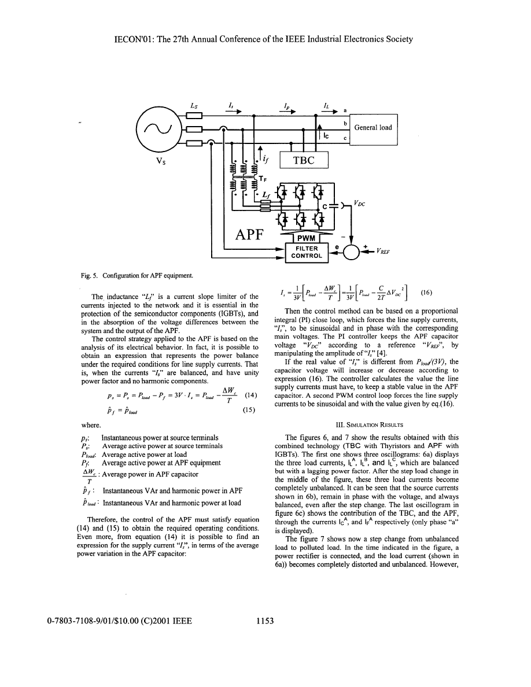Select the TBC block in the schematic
(x=303, y=160)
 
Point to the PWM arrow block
(x=303, y=238)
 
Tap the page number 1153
(x=264, y=621)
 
